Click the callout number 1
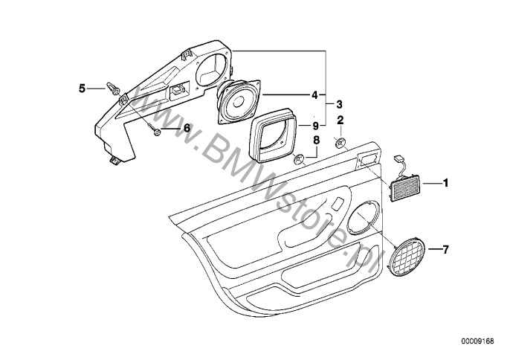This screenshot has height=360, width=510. tap(445, 183)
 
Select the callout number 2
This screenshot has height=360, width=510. tap(340, 120)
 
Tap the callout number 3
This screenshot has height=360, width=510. tap(339, 104)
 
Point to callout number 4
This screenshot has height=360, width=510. tap(314, 95)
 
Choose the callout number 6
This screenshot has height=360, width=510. tap(187, 128)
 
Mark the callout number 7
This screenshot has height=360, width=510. tap(445, 250)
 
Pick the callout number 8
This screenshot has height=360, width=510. tap(316, 141)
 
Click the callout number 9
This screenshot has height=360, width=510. tap(314, 125)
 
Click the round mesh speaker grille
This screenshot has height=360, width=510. tap(408, 257)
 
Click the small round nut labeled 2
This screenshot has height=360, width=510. tap(340, 143)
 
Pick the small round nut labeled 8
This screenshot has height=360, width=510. tap(299, 159)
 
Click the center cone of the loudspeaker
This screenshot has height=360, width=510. tap(237, 102)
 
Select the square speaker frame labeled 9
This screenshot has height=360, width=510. tap(273, 135)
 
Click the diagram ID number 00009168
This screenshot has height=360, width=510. tap(477, 341)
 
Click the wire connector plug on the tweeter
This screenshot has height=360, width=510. tap(398, 158)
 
